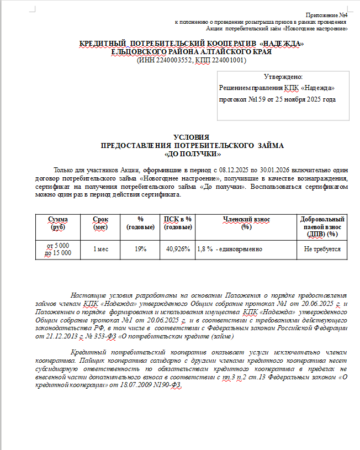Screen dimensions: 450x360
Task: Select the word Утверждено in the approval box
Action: (x=283, y=77)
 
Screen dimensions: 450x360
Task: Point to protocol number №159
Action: (x=253, y=100)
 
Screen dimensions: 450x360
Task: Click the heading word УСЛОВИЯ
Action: (x=192, y=137)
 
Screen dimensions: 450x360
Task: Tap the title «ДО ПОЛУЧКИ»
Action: (x=192, y=153)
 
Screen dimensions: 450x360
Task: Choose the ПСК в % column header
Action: (x=178, y=223)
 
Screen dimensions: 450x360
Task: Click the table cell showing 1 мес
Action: (x=100, y=249)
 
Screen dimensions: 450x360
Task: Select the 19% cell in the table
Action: (x=140, y=249)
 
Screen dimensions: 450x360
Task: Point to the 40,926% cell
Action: (x=178, y=249)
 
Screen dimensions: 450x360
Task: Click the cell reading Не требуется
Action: (x=322, y=249)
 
